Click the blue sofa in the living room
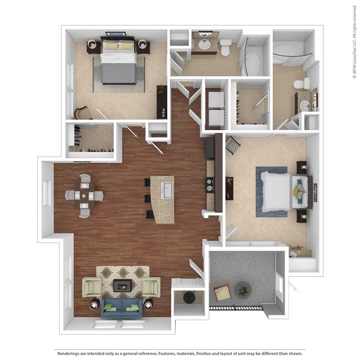pos(121,308)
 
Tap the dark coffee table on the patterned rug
pos(123,286)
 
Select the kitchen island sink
pos(167,190)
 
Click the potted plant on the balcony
pos(243,291)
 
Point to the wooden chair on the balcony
pos(221,292)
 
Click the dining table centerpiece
pos(84,196)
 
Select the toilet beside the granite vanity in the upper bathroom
pos(225,47)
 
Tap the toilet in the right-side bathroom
pos(302,83)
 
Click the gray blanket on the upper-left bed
pos(119,73)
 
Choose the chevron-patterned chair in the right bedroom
pos(233,145)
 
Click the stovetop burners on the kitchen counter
pos(210,185)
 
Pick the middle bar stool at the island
pos(148,198)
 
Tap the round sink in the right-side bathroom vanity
pos(305,105)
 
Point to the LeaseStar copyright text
pos(355,42)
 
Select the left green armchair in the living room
pos(92,287)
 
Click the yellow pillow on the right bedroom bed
pos(296,190)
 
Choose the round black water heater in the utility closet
pos(189,297)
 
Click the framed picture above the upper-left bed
pos(116,34)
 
